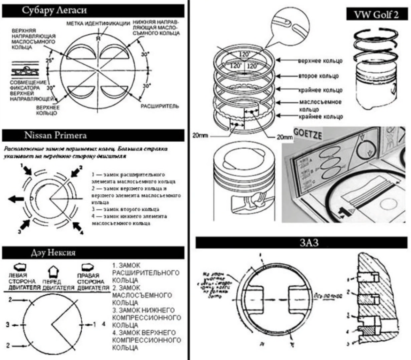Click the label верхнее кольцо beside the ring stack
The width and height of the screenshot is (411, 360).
[x=320, y=61]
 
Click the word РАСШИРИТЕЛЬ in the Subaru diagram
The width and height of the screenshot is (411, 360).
[x=160, y=107]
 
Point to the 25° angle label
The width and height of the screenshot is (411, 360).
[x=47, y=61]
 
